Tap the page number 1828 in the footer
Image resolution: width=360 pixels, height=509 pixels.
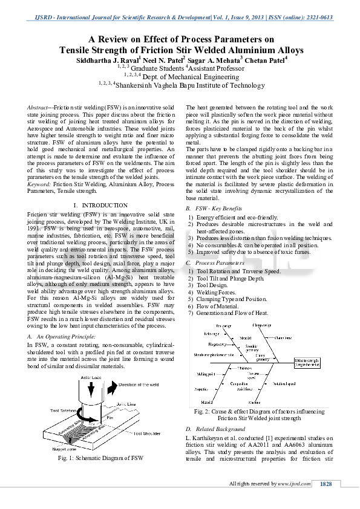coord(326,484)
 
